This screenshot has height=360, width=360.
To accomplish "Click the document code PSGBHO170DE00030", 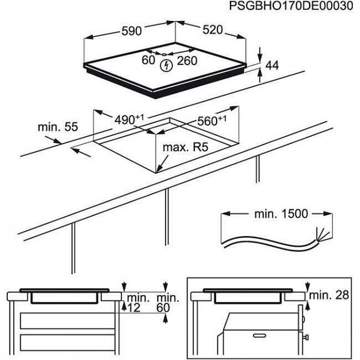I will click(x=291, y=7).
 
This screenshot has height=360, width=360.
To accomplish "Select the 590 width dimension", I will click(x=131, y=32).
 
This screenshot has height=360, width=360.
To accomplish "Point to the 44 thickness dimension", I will click(x=271, y=65).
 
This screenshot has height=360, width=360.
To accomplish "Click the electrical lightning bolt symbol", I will click(x=165, y=66).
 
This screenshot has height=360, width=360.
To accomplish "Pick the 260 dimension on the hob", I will click(x=187, y=60).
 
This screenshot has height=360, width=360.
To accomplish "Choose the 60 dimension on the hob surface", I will click(x=148, y=60).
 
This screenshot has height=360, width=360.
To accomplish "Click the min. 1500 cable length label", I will click(x=282, y=214).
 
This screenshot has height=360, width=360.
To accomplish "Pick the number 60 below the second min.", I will click(x=162, y=308).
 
